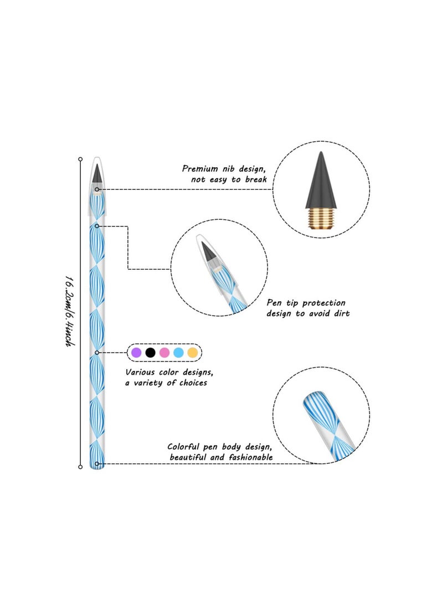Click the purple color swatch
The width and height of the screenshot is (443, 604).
click(136, 352)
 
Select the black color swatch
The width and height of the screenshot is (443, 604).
click(150, 352)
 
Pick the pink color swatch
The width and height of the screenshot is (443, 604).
click(164, 352)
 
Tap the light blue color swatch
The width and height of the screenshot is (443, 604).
click(178, 352)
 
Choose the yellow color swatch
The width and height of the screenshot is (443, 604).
click(192, 352)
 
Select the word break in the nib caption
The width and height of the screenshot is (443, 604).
click(255, 179)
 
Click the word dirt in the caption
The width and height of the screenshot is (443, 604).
click(339, 313)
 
